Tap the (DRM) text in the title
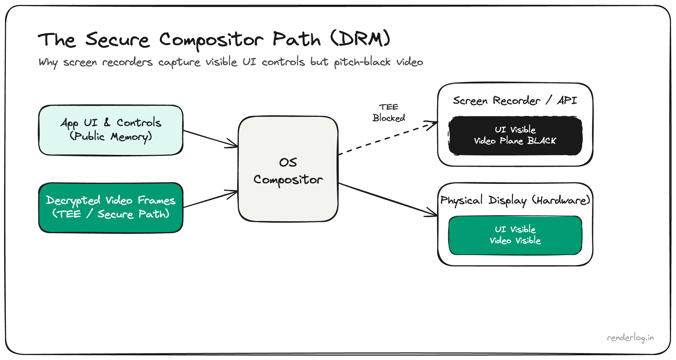point(360,39)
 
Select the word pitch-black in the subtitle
point(362,62)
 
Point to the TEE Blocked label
point(389,113)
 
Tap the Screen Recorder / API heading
point(515,100)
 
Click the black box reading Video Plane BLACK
point(515,135)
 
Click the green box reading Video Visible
point(515,235)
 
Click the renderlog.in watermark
point(630,338)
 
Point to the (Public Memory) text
point(111,137)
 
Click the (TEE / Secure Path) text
point(111,214)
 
